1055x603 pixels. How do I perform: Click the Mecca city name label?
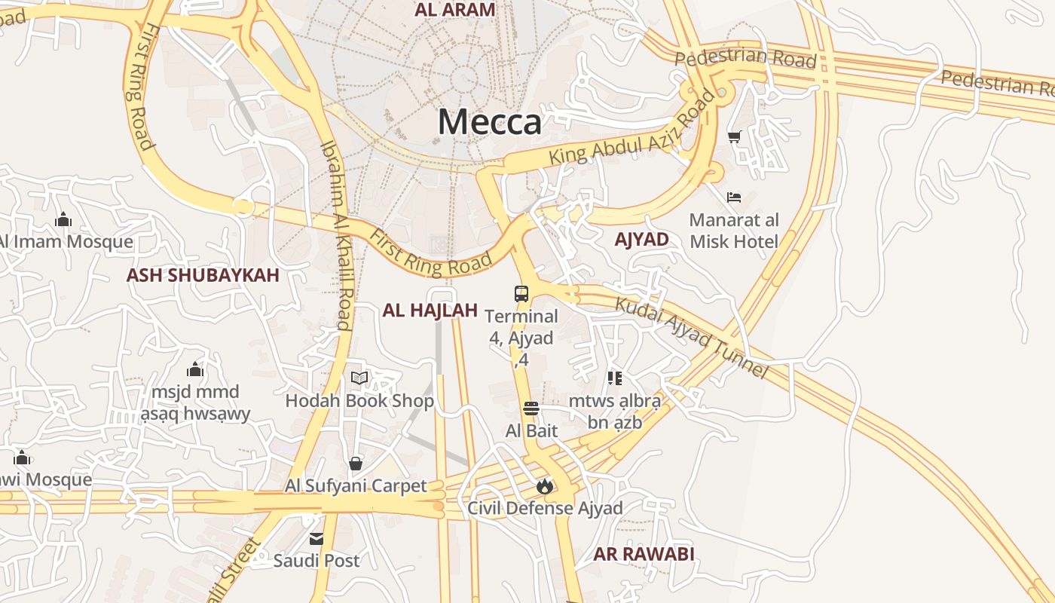(489, 121)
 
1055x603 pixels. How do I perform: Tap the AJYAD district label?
(641, 240)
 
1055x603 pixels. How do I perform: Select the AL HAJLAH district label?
(430, 310)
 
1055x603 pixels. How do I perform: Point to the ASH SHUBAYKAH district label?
(203, 275)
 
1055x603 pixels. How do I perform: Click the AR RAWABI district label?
(644, 554)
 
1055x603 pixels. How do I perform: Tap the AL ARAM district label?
(455, 10)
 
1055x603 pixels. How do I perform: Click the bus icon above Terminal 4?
(521, 293)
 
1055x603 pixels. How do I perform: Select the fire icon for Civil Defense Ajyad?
(545, 486)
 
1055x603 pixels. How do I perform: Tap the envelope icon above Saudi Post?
(316, 539)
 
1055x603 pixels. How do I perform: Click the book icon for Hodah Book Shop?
(359, 378)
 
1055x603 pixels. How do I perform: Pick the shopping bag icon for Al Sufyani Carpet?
(356, 464)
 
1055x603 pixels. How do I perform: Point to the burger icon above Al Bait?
(531, 409)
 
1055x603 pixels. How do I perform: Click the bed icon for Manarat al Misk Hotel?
(734, 197)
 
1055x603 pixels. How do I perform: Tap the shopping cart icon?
(734, 136)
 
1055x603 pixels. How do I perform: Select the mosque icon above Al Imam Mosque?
(63, 219)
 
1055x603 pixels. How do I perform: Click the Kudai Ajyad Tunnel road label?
(692, 338)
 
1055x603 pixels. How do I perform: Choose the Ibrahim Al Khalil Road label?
(336, 235)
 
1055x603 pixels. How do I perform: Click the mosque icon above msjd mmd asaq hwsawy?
(195, 369)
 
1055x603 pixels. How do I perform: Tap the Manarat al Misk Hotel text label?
(734, 231)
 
